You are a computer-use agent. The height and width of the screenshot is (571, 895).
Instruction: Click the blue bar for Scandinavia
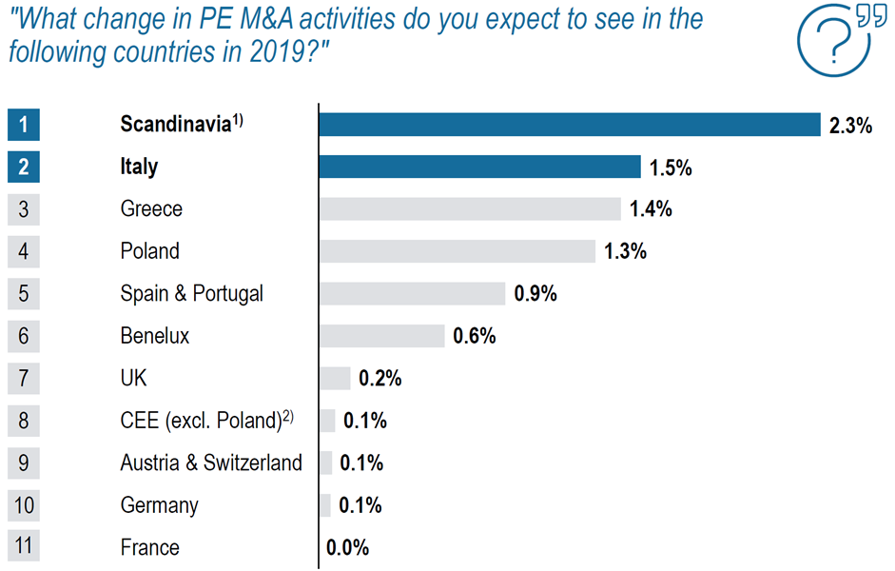tap(570, 125)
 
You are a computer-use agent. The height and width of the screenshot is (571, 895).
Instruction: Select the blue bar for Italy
tap(479, 167)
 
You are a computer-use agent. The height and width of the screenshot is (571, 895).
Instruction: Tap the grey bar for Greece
tap(470, 209)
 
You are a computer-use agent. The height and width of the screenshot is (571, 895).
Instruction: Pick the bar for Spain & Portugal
tap(412, 293)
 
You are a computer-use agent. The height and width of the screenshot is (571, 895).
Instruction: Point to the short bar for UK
tap(335, 378)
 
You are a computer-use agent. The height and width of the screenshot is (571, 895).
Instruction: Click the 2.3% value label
tap(850, 126)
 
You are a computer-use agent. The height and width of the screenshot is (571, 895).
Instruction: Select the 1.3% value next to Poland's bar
tap(626, 251)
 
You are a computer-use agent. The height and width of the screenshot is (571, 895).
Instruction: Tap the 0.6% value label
tap(475, 336)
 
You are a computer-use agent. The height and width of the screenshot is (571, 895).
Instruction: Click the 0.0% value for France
tap(347, 547)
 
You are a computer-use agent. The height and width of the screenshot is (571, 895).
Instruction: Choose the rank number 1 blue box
tap(24, 125)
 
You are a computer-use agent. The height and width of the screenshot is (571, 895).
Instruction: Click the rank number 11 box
tap(24, 545)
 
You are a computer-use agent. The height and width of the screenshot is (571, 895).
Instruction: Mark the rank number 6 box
tap(24, 336)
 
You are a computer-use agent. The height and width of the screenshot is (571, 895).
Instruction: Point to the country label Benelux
tap(155, 336)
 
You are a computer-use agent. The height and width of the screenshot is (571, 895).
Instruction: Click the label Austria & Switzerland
tap(211, 463)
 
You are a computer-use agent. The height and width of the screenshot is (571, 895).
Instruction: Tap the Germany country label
tap(159, 505)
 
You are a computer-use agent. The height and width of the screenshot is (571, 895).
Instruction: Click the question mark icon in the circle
tap(833, 40)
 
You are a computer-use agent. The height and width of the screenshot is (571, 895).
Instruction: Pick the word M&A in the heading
tap(266, 19)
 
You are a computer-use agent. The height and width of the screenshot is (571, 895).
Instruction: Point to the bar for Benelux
tap(381, 336)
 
